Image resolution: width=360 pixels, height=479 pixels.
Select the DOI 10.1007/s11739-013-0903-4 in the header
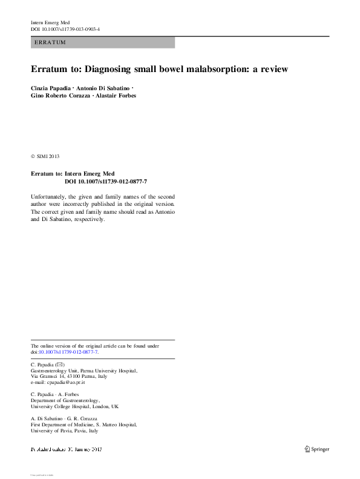[x=65, y=29]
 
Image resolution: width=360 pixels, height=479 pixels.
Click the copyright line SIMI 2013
[x=48, y=156]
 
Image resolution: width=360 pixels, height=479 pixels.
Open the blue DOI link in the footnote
[x=68, y=352]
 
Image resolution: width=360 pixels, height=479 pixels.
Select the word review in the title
[x=270, y=69]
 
